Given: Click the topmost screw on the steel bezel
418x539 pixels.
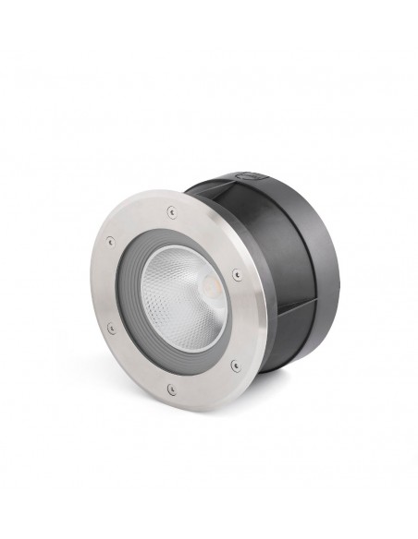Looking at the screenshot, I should (170, 211).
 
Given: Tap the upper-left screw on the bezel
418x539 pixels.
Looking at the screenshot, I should (111, 241).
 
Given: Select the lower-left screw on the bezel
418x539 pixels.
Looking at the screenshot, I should (111, 328).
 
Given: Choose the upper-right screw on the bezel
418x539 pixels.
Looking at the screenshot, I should (237, 273).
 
